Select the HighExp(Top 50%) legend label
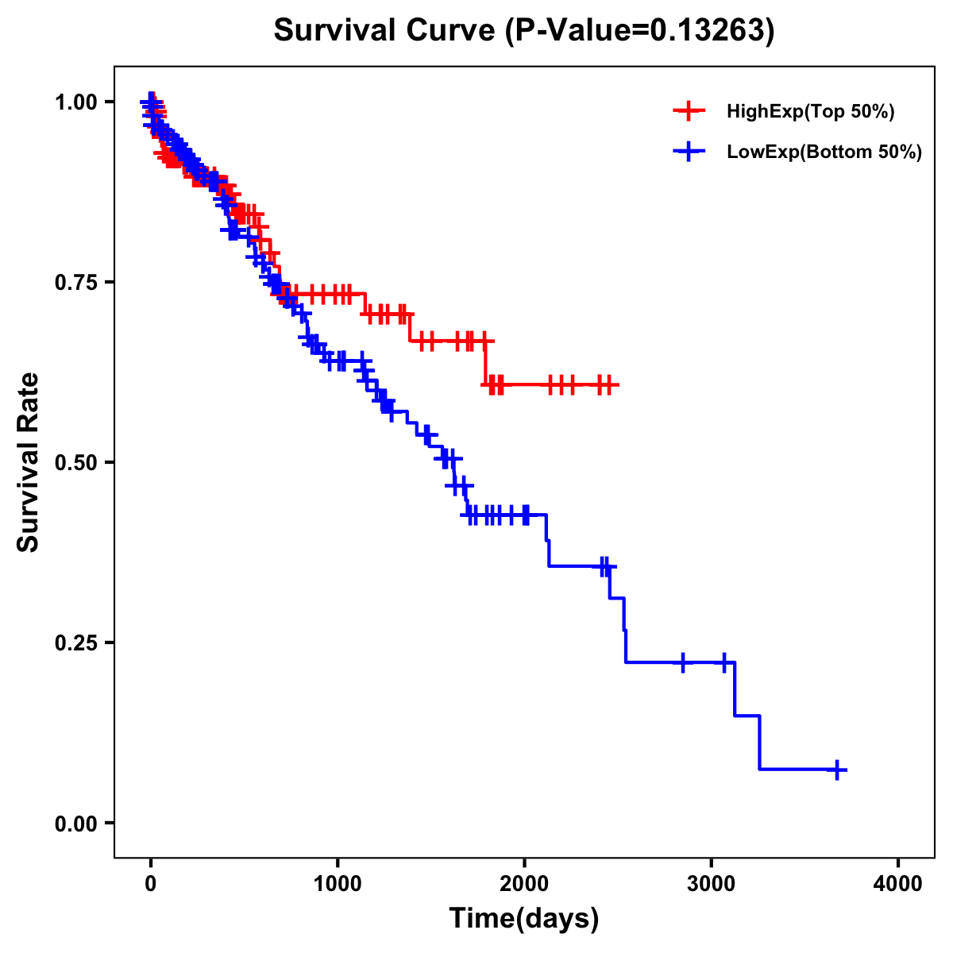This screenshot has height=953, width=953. [810, 112]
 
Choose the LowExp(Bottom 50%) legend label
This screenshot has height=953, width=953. [824, 152]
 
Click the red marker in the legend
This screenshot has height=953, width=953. [689, 111]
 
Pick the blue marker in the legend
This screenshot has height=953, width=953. [689, 152]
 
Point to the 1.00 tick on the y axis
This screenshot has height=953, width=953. [76, 102]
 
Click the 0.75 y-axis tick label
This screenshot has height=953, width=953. [76, 282]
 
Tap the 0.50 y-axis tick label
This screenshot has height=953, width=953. [76, 462]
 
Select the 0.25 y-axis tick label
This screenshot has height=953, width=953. [76, 642]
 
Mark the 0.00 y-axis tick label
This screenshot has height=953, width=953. [76, 823]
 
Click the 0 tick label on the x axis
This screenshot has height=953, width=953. [151, 884]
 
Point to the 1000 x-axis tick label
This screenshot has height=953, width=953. [338, 884]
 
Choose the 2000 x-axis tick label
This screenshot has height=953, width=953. [524, 884]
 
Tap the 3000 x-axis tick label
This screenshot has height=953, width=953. [712, 884]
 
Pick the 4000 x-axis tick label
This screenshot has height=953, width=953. [898, 884]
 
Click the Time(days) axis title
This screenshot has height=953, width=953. [524, 919]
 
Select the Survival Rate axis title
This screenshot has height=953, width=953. [29, 462]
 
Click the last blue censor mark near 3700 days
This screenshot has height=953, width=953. [837, 770]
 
